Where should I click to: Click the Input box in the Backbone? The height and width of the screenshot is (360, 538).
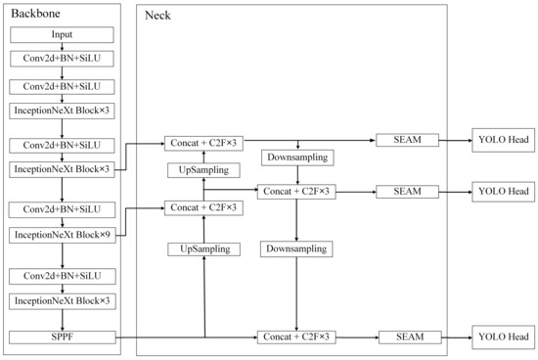click(62, 35)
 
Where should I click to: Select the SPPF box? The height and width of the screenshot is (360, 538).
click(62, 337)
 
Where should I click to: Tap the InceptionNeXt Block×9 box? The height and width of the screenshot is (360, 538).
click(62, 235)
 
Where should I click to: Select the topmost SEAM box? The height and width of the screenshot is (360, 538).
click(407, 141)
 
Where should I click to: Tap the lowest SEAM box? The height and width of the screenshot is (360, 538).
click(407, 337)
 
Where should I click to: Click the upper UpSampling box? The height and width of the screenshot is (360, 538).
click(203, 170)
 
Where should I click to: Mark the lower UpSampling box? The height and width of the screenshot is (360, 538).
click(203, 249)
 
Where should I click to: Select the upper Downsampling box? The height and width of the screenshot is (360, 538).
click(295, 157)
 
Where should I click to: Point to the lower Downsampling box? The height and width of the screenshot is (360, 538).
click(295, 249)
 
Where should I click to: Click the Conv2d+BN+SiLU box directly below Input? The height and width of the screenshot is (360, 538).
click(62, 59)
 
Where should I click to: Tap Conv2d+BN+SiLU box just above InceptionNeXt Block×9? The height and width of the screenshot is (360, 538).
click(62, 210)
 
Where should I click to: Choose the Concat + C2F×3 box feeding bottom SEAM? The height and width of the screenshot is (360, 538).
click(295, 337)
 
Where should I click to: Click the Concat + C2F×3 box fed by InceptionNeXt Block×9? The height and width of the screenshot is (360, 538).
click(203, 207)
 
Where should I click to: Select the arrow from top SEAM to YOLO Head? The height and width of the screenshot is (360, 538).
click(454, 141)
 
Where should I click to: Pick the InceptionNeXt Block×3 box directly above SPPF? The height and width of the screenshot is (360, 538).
click(62, 300)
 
